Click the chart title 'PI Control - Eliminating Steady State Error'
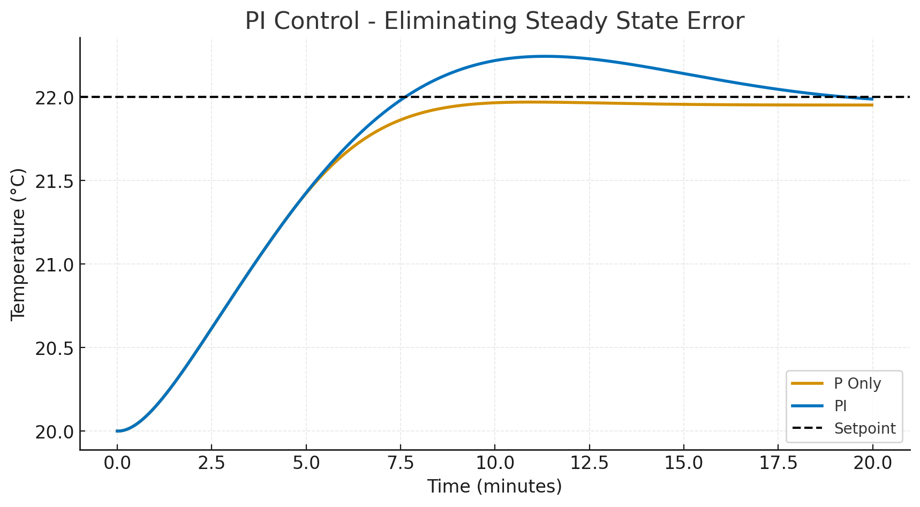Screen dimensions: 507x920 [494, 21]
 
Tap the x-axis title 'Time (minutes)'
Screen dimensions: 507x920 [494, 486]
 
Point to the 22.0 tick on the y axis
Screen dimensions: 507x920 [54, 97]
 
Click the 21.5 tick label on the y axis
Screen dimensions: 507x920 [54, 181]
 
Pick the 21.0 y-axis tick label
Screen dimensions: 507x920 [54, 264]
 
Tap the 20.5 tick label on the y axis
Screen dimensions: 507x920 [54, 348]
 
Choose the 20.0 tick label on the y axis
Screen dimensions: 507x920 [54, 432]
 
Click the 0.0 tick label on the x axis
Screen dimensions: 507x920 [117, 463]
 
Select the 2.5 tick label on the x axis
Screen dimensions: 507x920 [212, 463]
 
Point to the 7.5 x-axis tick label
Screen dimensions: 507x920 [401, 463]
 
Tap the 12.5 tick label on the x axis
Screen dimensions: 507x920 [590, 463]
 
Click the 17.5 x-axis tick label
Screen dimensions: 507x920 [779, 463]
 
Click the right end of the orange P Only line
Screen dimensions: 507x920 [872, 105]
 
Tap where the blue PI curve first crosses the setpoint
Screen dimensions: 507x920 [405, 97]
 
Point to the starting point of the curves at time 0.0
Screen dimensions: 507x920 [117, 431]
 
